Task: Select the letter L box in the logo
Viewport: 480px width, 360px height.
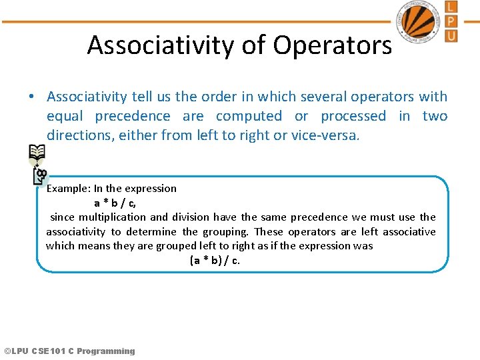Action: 451,7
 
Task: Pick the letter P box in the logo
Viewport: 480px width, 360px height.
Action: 451,21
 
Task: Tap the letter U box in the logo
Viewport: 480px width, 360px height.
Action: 451,35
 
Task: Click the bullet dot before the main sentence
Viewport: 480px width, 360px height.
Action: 32,97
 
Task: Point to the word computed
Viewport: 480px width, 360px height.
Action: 249,116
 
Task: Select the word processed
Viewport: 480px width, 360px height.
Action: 353,116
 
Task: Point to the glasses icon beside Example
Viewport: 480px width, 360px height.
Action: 41,176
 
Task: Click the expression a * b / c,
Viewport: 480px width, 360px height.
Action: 115,203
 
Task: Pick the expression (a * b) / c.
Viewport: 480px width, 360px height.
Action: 215,260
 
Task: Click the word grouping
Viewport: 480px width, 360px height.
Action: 223,231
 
